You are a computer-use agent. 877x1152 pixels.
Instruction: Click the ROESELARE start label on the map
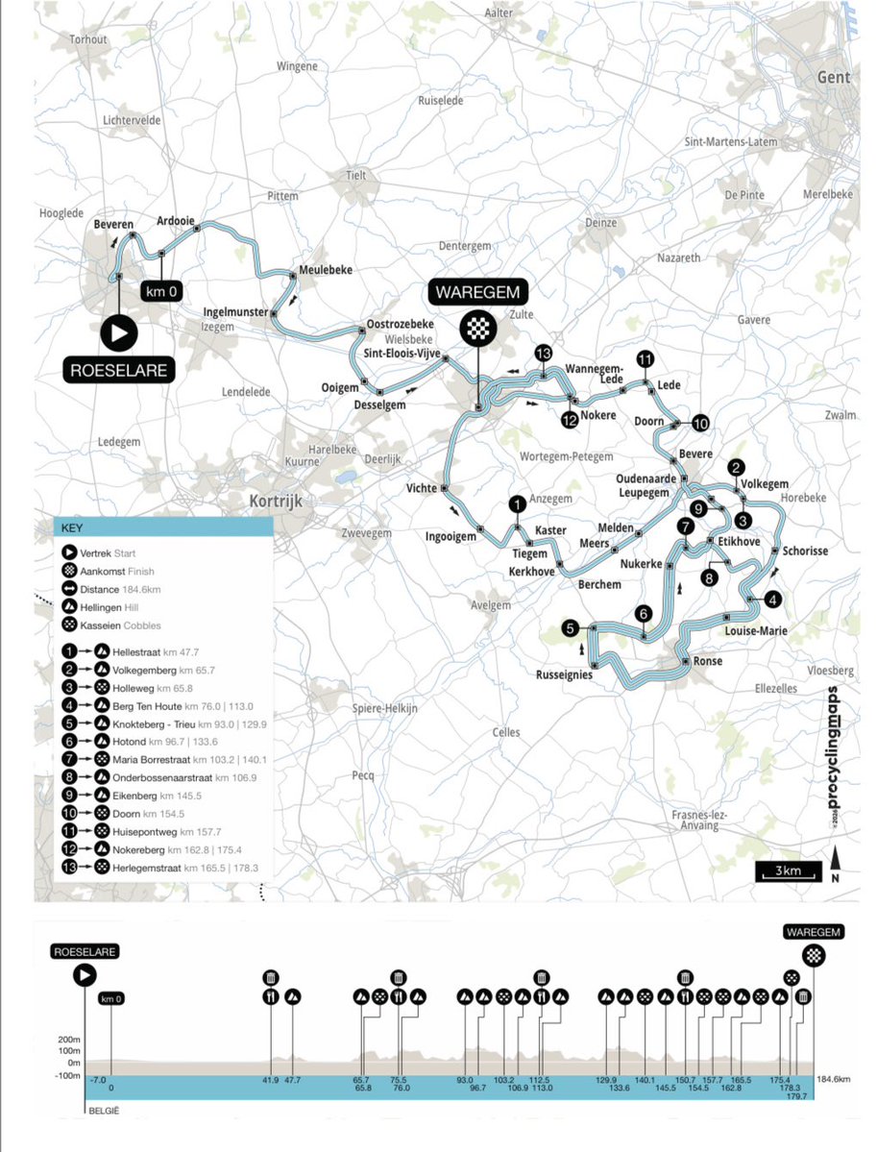click(120, 370)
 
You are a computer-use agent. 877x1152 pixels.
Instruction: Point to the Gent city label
click(833, 77)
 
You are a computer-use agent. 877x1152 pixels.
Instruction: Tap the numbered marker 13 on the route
click(545, 353)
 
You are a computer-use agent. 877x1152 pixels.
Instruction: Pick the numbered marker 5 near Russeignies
click(571, 628)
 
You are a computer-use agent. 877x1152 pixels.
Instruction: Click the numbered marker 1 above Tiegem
click(517, 503)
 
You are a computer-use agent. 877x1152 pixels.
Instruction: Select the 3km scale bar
click(788, 870)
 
